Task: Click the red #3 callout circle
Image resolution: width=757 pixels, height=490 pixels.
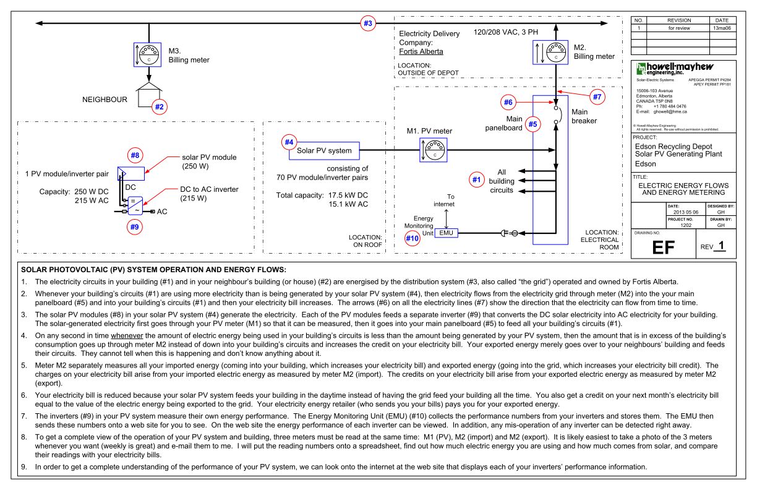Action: tap(368, 24)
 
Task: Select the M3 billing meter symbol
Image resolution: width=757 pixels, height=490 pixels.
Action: tap(147, 54)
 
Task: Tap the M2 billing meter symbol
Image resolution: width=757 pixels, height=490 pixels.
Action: tap(550, 53)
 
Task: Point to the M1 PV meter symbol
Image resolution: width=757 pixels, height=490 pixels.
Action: tap(434, 150)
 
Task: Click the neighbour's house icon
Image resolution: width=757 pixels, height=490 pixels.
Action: tap(148, 94)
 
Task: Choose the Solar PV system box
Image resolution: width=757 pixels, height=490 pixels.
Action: tap(324, 151)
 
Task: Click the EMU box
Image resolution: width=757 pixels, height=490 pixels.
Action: tap(446, 233)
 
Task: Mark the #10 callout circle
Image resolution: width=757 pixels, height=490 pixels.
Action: tap(413, 238)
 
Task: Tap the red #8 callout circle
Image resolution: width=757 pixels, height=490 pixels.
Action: tap(135, 155)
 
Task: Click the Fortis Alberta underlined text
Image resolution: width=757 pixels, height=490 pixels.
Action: tap(421, 51)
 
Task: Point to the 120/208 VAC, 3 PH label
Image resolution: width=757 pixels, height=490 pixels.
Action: tap(505, 32)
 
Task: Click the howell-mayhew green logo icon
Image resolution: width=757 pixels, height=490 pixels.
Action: tap(641, 69)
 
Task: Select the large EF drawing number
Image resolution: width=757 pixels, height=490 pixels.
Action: tap(664, 247)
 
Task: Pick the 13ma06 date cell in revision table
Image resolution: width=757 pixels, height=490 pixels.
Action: tap(722, 28)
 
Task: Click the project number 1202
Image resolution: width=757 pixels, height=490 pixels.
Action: tap(686, 225)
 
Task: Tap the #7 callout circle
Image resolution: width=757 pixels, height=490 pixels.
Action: tap(597, 97)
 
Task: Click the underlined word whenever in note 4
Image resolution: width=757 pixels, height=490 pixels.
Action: tap(127, 336)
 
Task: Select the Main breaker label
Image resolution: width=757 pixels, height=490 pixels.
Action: tap(584, 116)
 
